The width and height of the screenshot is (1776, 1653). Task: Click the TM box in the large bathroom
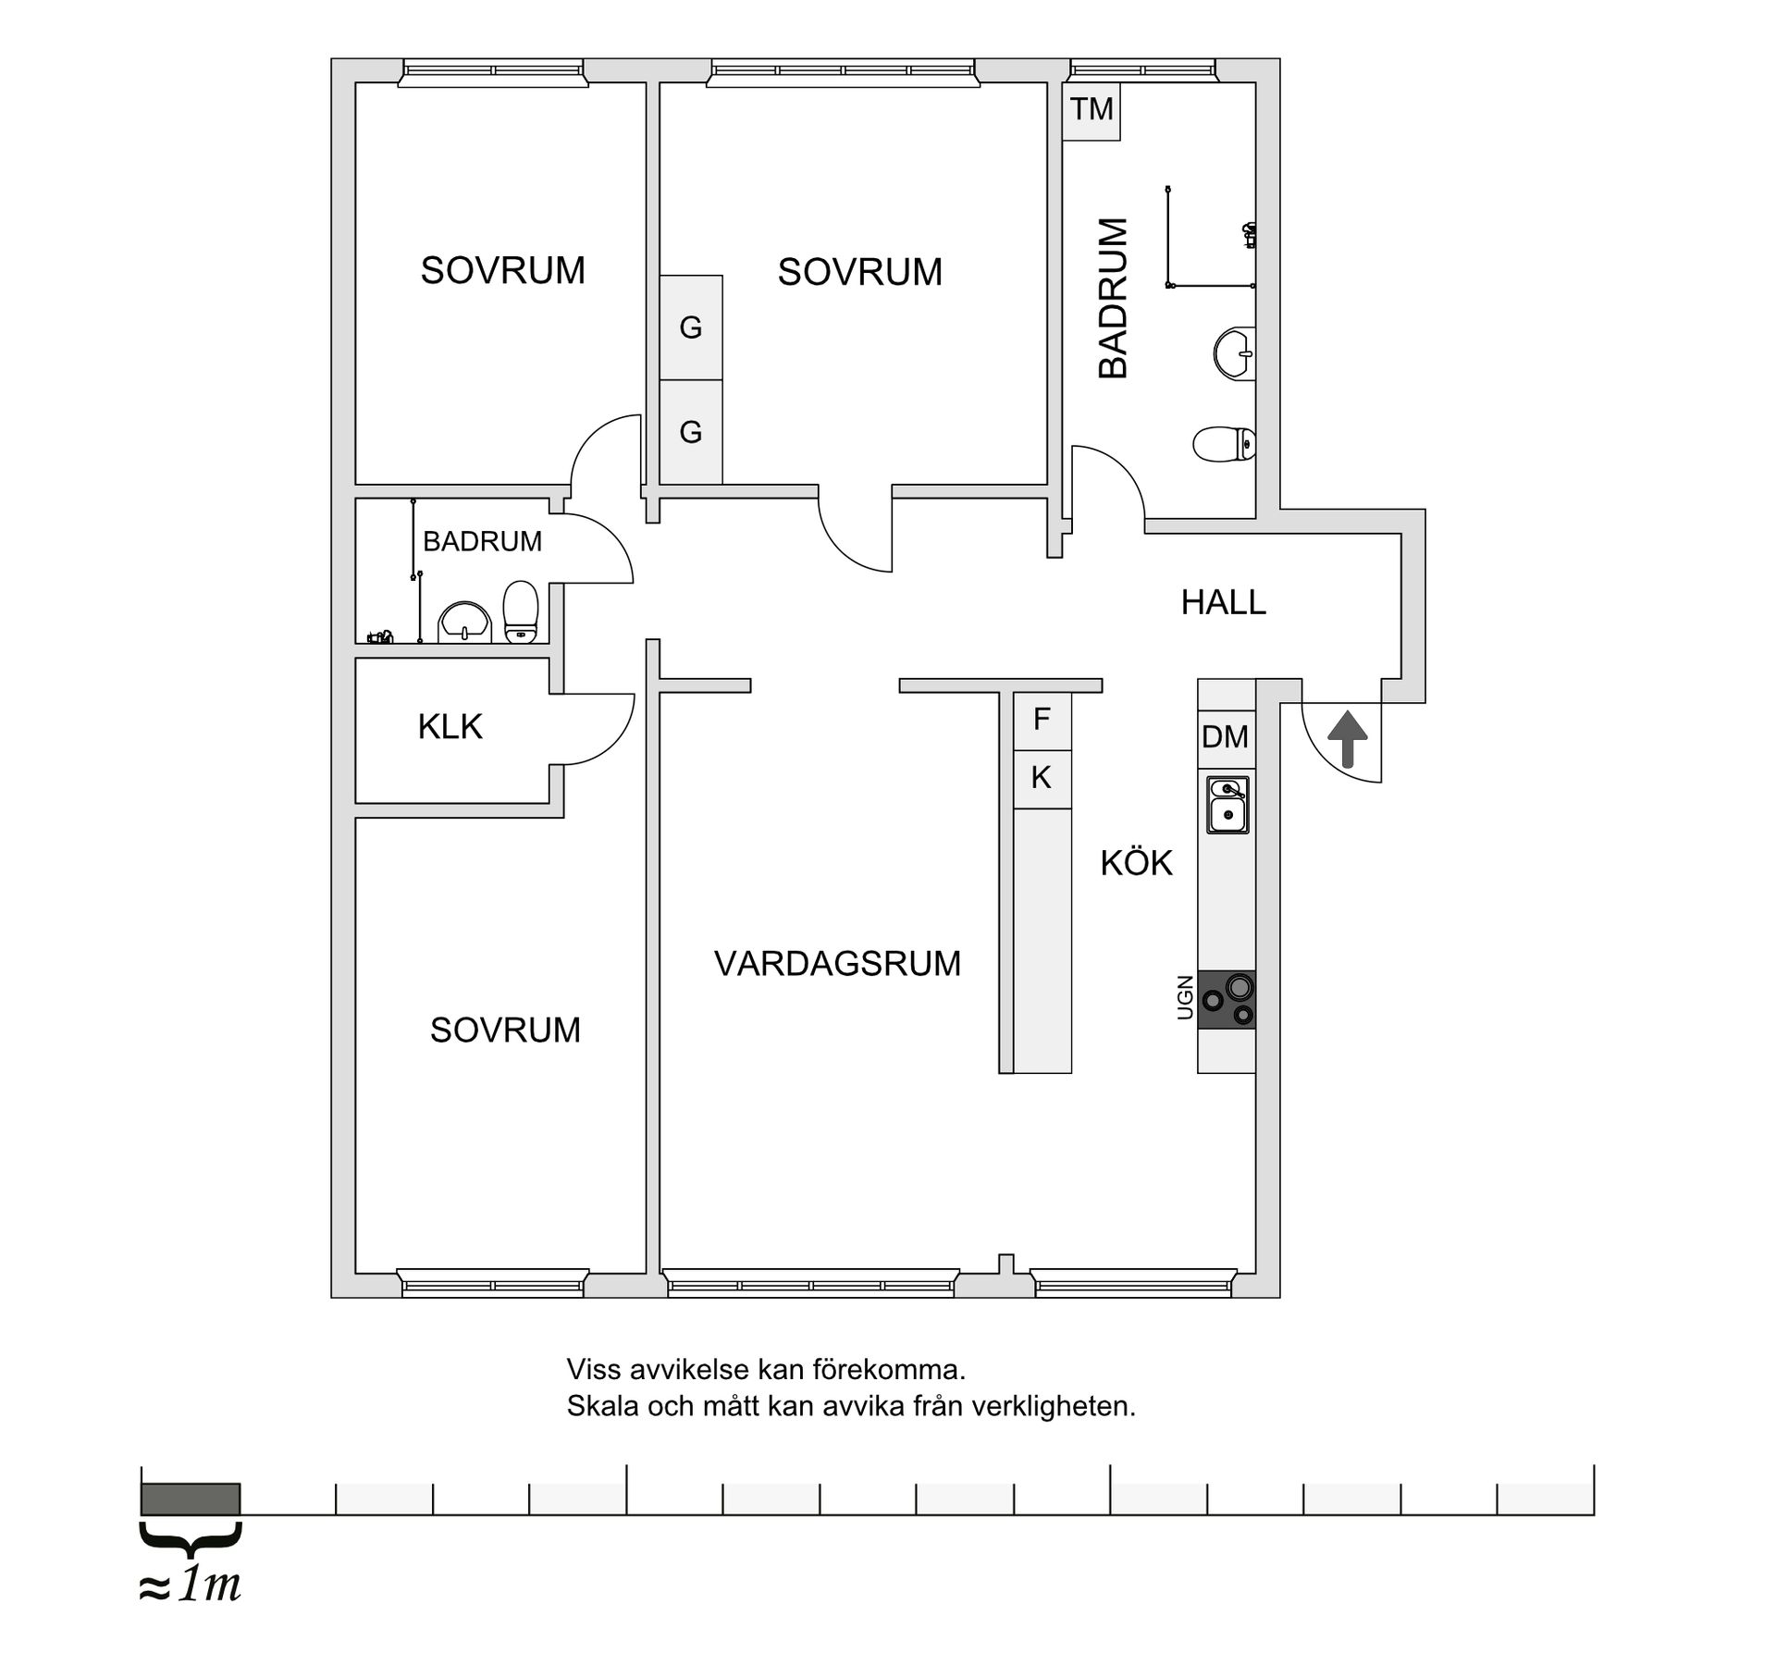click(1091, 111)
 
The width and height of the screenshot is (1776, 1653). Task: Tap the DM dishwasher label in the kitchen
click(1226, 737)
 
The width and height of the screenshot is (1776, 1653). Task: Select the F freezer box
click(1042, 720)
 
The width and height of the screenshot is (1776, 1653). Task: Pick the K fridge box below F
click(1042, 779)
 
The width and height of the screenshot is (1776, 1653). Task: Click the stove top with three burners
click(1227, 1000)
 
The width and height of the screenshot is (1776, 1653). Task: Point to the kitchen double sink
click(1227, 804)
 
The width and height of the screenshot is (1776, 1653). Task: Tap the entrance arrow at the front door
click(1348, 738)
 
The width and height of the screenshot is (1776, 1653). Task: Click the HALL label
click(1223, 602)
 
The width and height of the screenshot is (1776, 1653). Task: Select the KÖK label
click(1136, 862)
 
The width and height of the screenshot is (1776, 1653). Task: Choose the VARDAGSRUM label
click(837, 964)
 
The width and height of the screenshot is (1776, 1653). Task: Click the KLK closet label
click(450, 727)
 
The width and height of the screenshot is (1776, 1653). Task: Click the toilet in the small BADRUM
click(521, 611)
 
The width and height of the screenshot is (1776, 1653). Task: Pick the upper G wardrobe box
click(691, 327)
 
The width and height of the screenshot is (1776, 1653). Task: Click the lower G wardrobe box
click(691, 432)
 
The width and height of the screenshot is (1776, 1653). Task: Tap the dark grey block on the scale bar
click(191, 1499)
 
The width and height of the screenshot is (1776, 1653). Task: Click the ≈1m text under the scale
click(190, 1585)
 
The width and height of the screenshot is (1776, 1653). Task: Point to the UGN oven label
click(1185, 998)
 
